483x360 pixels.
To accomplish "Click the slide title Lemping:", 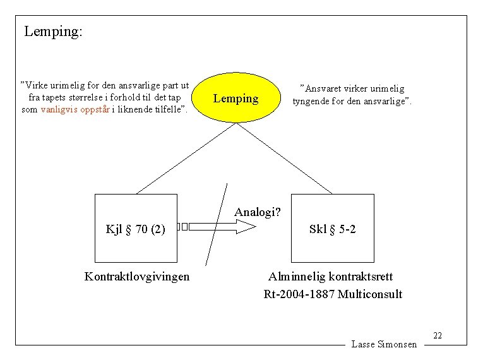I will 53,31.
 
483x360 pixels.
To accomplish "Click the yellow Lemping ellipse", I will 236,99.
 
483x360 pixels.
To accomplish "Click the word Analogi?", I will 258,212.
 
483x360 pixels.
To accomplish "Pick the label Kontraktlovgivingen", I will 136,277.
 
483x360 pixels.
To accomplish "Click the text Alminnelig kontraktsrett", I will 330,277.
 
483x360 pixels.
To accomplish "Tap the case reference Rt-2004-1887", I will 299,294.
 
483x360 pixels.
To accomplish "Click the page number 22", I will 438,335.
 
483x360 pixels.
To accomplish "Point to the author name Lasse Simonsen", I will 384,344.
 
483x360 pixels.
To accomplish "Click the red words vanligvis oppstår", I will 75,109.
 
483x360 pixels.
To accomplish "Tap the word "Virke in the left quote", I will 35,85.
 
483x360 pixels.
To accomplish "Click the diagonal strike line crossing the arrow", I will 217,224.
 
